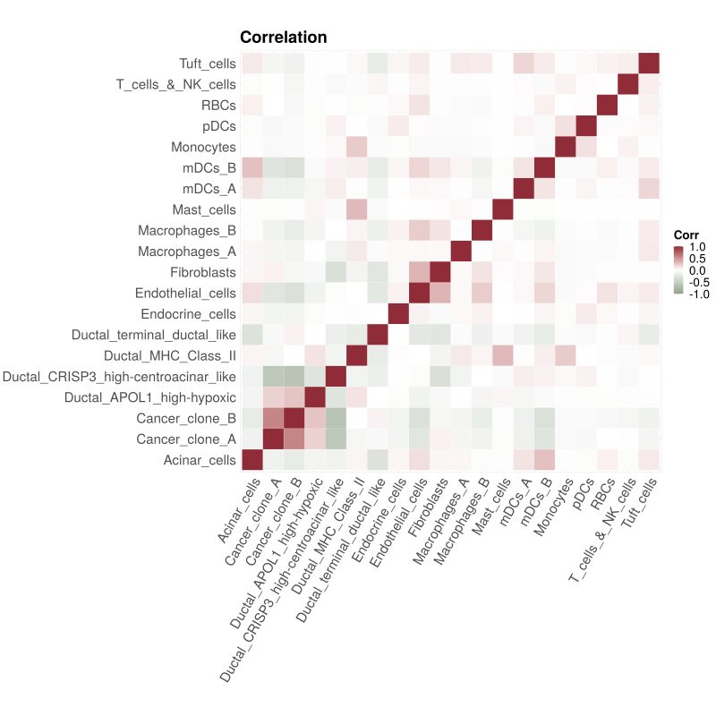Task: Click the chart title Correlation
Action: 283,38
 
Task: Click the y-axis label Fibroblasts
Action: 202,272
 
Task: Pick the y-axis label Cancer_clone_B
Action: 186,418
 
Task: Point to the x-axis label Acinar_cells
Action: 237,510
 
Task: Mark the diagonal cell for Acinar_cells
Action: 251,460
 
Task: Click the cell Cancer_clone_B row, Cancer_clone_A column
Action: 272,418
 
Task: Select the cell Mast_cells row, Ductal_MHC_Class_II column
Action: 356,209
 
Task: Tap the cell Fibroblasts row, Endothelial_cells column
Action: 419,272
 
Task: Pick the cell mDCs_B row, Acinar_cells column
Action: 251,168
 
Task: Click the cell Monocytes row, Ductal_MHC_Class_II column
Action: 356,147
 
